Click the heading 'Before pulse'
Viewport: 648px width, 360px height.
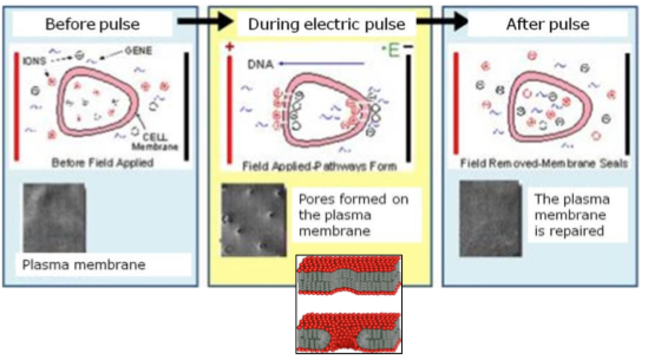click(93, 24)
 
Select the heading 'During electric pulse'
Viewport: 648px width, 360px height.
click(326, 24)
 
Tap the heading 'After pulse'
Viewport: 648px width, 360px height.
click(547, 24)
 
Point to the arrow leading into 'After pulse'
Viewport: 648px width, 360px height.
click(437, 22)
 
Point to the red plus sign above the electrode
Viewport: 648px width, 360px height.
click(230, 47)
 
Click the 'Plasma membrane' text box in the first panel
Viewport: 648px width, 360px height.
click(84, 265)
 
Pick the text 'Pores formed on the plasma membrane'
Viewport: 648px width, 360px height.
click(353, 214)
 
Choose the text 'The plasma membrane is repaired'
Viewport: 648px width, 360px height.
click(571, 214)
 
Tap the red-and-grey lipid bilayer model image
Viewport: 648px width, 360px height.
click(349, 304)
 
